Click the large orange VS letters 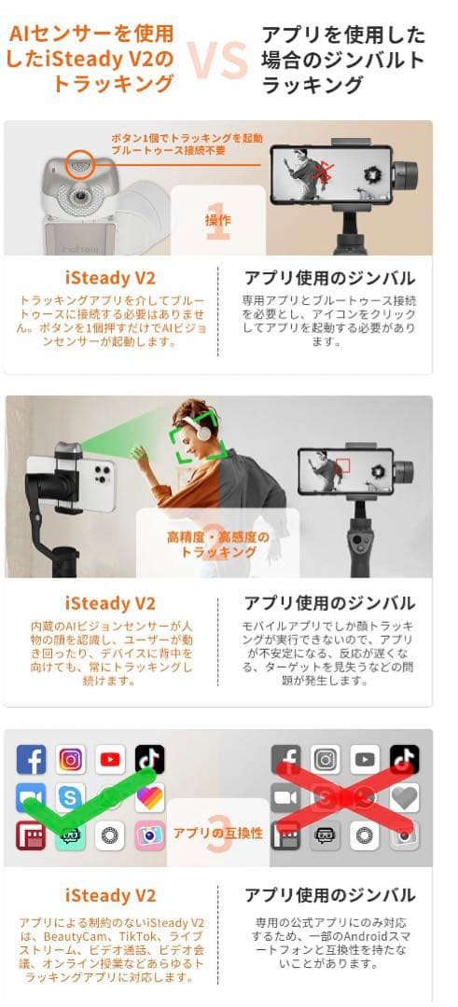[215, 61]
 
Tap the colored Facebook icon [31, 760]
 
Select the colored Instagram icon [70, 760]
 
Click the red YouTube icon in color [110, 760]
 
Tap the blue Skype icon [70, 798]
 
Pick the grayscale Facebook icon [285, 760]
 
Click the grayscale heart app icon [403, 798]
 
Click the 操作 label [217, 220]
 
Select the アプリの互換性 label [217, 833]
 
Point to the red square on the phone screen [342, 464]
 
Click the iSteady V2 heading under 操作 [110, 278]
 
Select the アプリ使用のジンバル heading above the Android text [328, 896]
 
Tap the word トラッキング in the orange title [127, 84]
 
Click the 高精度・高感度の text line [217, 537]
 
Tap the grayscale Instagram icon [325, 760]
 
